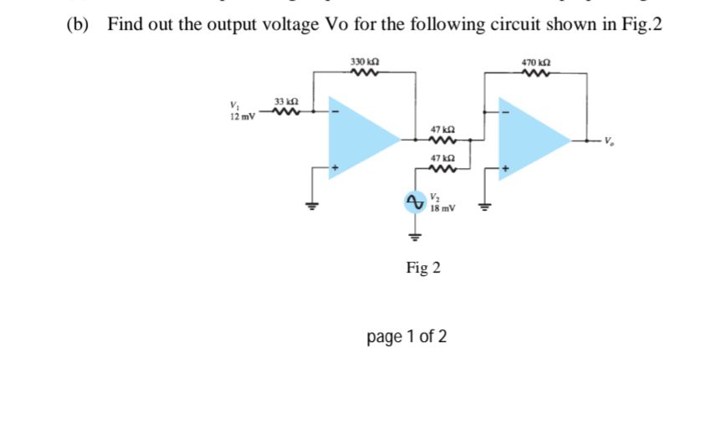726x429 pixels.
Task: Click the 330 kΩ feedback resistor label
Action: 367,63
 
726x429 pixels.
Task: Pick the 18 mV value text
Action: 442,207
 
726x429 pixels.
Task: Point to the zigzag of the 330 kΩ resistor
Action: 367,74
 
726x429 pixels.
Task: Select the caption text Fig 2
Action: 423,268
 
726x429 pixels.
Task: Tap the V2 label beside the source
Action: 433,198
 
